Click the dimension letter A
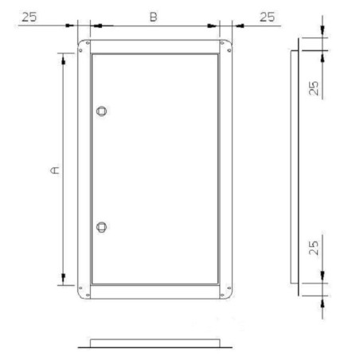tap(54, 170)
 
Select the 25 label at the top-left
tap(29, 16)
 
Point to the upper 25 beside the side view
tap(315, 86)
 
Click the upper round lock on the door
tap(101, 111)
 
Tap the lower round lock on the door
tap(101, 227)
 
